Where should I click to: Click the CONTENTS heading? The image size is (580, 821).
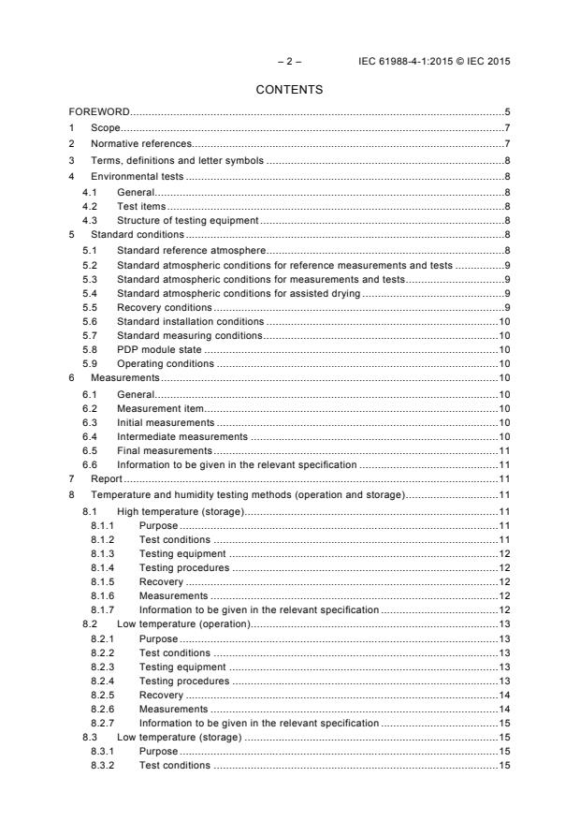tap(289, 90)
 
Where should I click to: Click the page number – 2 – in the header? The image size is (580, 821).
tap(288, 62)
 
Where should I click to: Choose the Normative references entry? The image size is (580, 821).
tap(141, 143)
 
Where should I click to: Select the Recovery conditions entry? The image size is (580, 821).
tap(164, 307)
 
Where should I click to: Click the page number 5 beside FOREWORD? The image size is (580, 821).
tap(506, 112)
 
